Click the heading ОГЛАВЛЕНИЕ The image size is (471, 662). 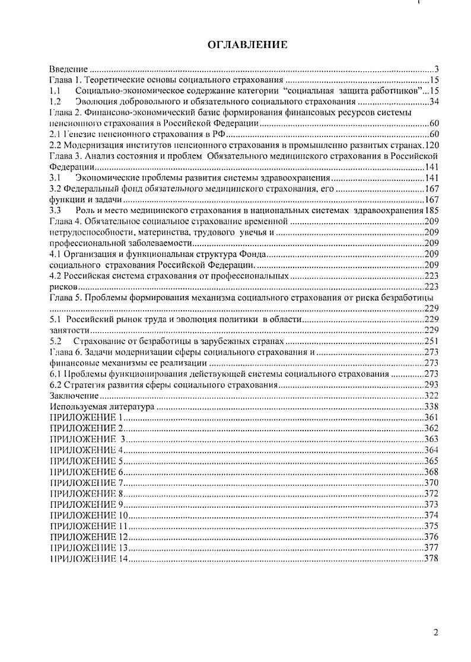(247, 44)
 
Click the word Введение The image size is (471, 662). (69, 69)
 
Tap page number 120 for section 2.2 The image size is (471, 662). (431, 145)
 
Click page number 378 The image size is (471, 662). (431, 558)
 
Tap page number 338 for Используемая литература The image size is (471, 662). (431, 407)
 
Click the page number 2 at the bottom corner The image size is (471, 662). (435, 632)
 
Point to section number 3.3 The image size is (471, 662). (55, 210)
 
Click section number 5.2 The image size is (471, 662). (56, 342)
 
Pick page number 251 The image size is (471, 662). (431, 342)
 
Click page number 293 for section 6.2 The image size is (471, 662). (431, 385)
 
